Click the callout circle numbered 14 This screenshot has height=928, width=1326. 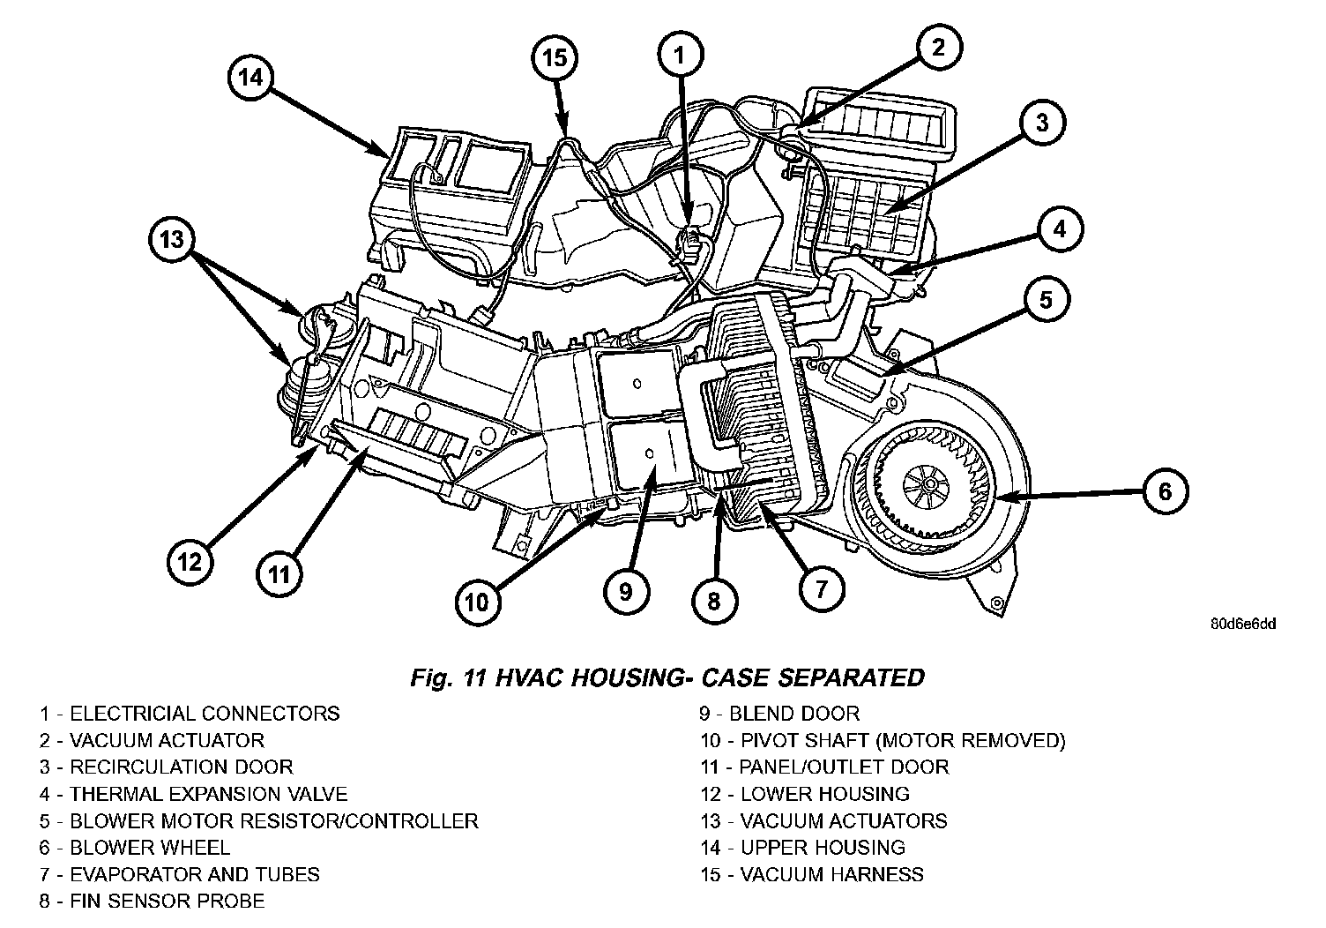tap(251, 78)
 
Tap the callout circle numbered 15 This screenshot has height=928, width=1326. tap(555, 58)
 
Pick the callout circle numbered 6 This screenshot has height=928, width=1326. tap(1165, 491)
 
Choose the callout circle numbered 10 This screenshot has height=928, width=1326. tap(476, 602)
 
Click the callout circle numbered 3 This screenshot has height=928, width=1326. tap(1042, 123)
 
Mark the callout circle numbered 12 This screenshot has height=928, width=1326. tap(190, 561)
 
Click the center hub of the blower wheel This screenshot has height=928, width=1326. tap(927, 482)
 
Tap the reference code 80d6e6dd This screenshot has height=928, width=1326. tap(1242, 624)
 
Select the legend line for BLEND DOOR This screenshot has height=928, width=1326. tap(779, 714)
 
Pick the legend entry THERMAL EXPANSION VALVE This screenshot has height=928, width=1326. tap(193, 794)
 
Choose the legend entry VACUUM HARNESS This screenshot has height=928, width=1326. tap(812, 875)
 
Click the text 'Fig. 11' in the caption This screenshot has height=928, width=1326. tap(447, 677)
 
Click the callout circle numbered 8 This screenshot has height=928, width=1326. tap(712, 602)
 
